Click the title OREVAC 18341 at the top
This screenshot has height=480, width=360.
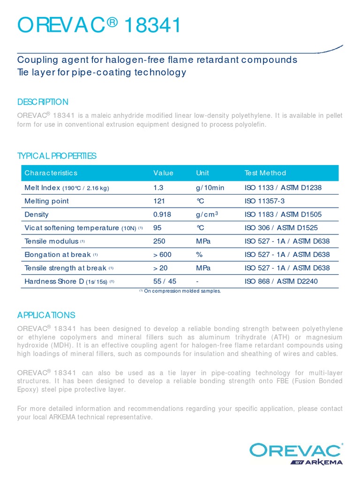[x=99, y=26]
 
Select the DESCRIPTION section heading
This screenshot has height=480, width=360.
[x=43, y=102]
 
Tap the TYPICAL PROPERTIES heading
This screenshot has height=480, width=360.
[x=57, y=156]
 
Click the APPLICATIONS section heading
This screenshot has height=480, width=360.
[x=46, y=315]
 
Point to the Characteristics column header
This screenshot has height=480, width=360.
[x=51, y=173]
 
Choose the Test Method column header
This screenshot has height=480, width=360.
[x=265, y=173]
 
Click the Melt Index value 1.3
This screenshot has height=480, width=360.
[x=158, y=188]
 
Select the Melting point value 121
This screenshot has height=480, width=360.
[x=159, y=201]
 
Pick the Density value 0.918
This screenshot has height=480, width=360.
[x=162, y=215]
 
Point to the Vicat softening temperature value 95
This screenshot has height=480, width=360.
[x=157, y=228]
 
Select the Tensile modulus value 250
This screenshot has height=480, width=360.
[x=159, y=241]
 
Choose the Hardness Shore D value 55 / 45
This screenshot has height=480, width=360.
[x=165, y=281]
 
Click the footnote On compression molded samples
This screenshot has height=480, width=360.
[x=180, y=291]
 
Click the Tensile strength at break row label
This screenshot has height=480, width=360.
[x=66, y=268]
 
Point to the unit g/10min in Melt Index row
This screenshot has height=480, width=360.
[x=210, y=188]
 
